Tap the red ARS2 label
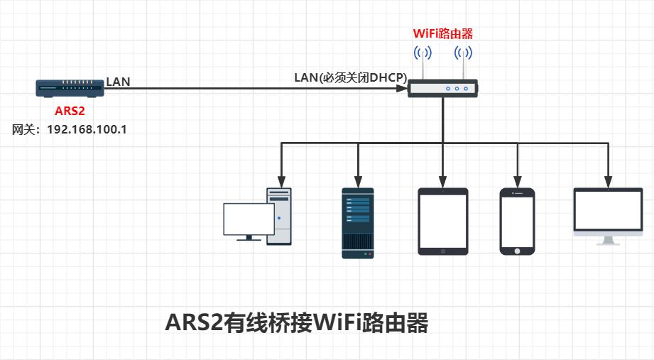click(70, 111)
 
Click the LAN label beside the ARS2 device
click(118, 82)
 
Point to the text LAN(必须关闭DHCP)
click(349, 77)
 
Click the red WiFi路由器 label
click(443, 33)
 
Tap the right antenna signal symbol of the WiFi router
click(464, 53)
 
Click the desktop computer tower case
click(279, 216)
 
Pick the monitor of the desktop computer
click(248, 219)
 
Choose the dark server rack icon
click(357, 223)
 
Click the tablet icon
click(442, 221)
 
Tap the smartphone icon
click(517, 221)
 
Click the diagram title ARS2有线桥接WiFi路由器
click(297, 323)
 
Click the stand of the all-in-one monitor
click(609, 240)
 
